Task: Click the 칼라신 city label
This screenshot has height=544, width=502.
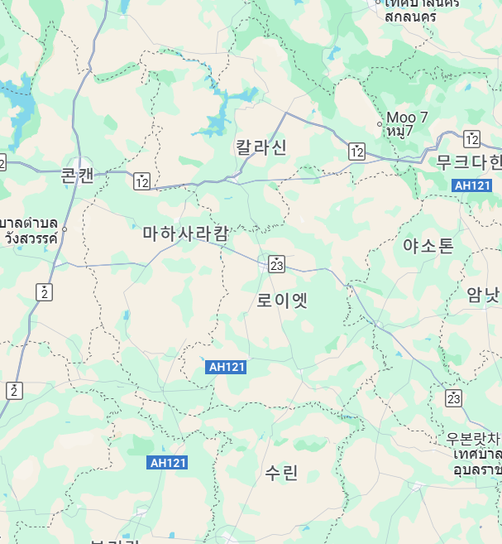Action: click(x=261, y=147)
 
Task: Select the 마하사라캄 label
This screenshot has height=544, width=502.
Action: click(x=185, y=233)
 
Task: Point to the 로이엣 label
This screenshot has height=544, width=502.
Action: click(x=282, y=300)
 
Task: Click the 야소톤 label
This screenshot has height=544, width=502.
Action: click(x=428, y=245)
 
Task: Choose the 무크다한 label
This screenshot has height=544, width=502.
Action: click(x=469, y=161)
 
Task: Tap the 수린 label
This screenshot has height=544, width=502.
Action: click(x=281, y=473)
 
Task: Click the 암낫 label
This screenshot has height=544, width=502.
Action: click(x=483, y=294)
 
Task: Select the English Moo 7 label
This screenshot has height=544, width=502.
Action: click(x=406, y=117)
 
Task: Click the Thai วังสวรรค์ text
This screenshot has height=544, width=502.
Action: click(x=31, y=238)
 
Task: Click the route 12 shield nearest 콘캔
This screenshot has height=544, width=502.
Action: click(x=142, y=181)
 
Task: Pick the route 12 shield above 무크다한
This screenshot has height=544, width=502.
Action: click(x=472, y=138)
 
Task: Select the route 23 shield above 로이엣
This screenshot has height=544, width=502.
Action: click(x=276, y=264)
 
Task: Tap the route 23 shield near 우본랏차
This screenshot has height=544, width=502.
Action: click(x=452, y=398)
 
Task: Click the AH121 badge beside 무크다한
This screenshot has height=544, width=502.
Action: click(x=473, y=186)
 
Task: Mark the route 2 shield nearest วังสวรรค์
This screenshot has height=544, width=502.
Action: click(x=44, y=291)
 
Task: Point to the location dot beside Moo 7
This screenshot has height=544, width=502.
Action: click(x=380, y=124)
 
